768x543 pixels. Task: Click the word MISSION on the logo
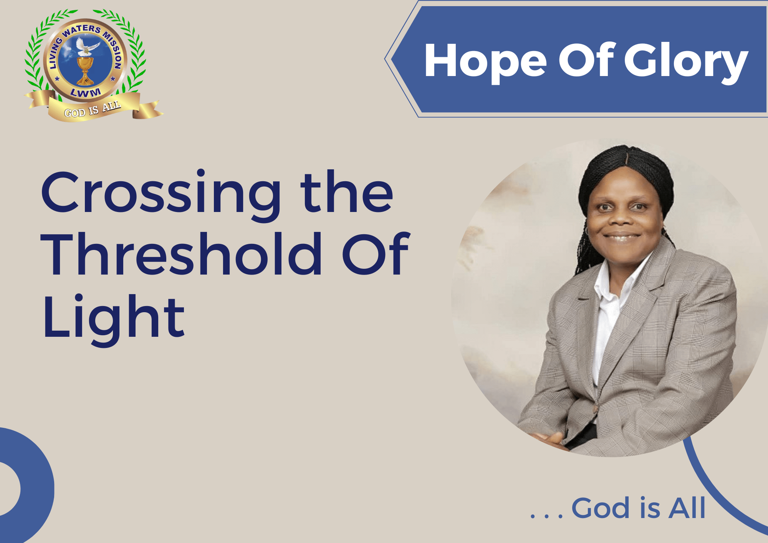pos(113,50)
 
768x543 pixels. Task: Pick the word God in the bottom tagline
pos(601,508)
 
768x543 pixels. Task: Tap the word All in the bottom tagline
pos(687,508)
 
